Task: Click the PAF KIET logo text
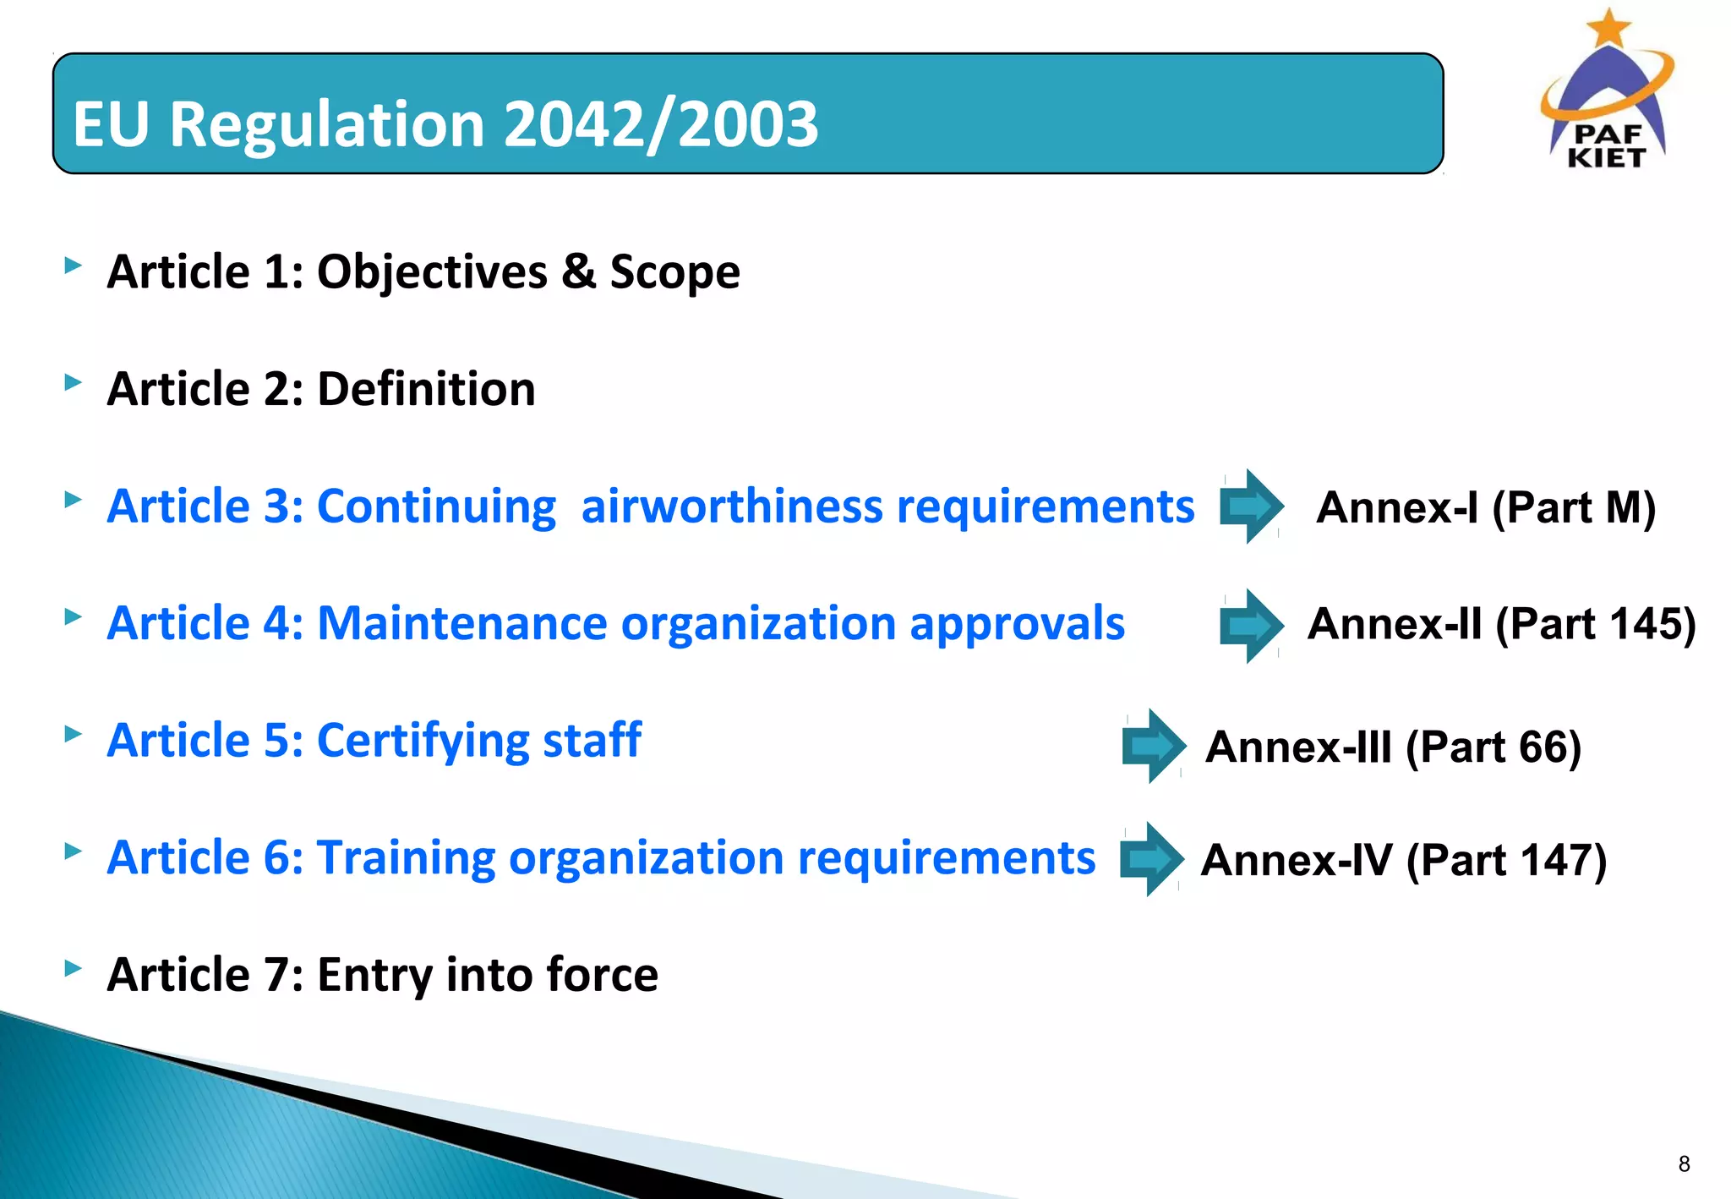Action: point(1607,146)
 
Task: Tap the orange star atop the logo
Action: point(1608,27)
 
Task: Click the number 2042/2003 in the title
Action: point(661,124)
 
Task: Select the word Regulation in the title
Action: point(326,124)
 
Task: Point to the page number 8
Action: point(1684,1164)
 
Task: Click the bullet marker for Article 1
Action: point(74,266)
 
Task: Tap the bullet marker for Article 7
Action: point(74,967)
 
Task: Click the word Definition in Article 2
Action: point(426,389)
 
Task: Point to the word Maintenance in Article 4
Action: point(461,624)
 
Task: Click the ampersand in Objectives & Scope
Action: point(577,272)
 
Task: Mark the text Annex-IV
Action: point(1296,861)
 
